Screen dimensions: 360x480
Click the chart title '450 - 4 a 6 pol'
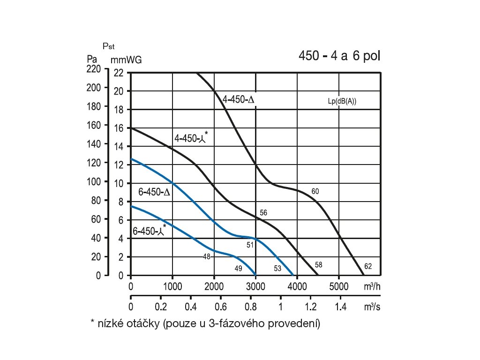coord(339,56)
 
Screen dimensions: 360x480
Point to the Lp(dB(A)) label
coord(342,101)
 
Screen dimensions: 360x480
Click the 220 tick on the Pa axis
coord(94,69)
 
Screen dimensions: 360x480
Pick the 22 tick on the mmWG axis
coord(118,73)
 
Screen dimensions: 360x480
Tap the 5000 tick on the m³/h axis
coord(339,286)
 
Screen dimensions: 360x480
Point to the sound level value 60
coord(315,191)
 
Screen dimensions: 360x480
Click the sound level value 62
coord(368,267)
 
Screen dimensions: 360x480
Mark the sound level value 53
coord(277,268)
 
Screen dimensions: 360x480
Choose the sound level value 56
coord(263,213)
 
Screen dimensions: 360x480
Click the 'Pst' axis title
coord(108,46)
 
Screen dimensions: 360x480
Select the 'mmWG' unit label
coord(126,60)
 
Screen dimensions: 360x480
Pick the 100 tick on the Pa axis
coord(94,182)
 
